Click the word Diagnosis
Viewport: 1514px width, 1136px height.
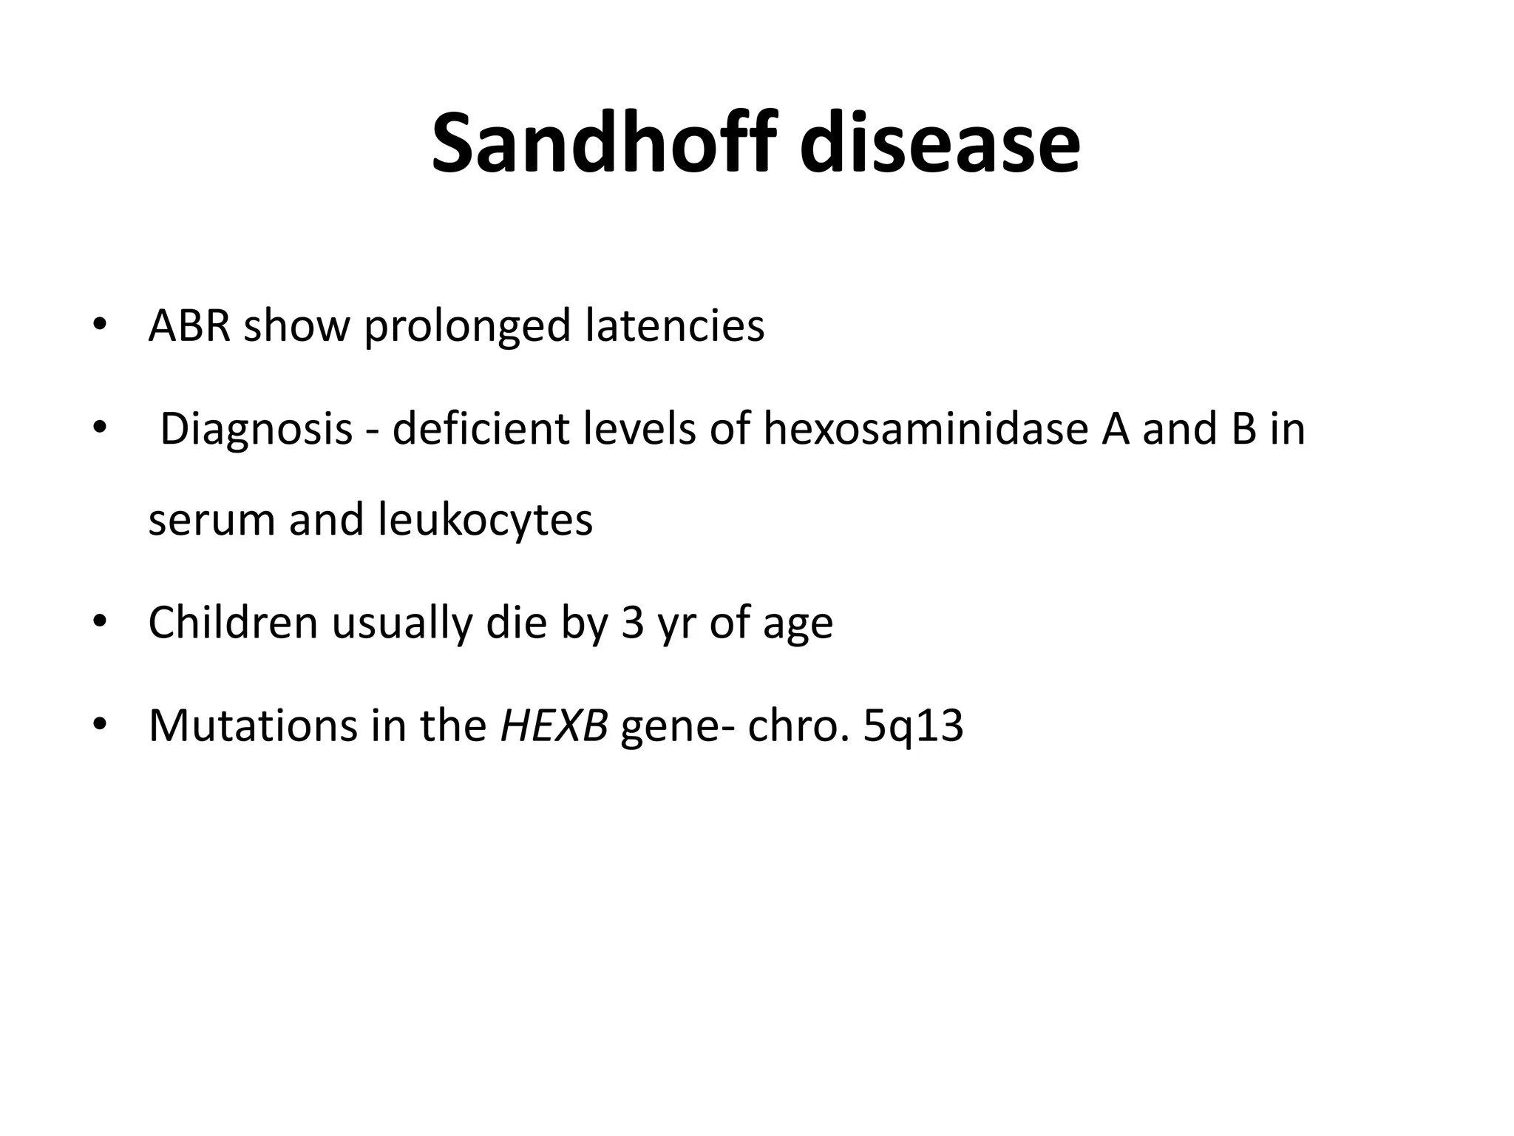click(256, 430)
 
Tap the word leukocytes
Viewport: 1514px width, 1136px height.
click(485, 521)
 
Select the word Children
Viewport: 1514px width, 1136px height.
click(233, 623)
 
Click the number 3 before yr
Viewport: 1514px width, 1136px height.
click(633, 623)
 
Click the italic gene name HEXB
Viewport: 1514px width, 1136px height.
click(554, 726)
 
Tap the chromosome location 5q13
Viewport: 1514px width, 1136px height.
click(913, 727)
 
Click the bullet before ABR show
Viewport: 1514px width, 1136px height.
click(100, 326)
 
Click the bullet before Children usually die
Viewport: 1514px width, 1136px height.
click(100, 622)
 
